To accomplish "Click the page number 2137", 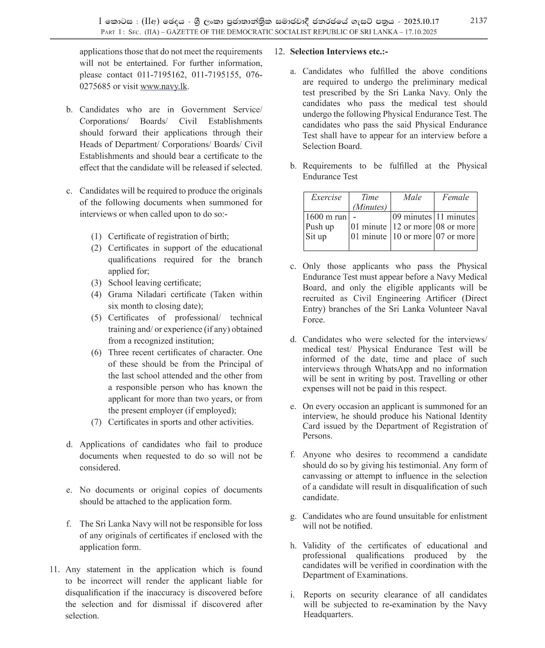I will tap(478, 21).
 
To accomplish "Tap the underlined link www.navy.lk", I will tap(164, 86).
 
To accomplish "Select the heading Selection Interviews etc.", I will tap(339, 52).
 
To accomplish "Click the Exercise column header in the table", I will tap(326, 197).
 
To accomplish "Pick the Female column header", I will tap(455, 197).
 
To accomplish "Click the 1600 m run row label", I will tap(326, 217).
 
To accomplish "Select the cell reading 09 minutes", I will tap(412, 217).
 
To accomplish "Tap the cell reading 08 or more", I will tap(455, 227).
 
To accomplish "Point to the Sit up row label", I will tap(316, 237).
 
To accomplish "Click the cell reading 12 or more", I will tap(412, 227).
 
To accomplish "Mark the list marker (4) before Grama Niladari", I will tap(96, 294).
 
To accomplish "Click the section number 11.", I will tap(54, 570).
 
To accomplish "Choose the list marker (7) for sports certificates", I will tap(96, 422).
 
